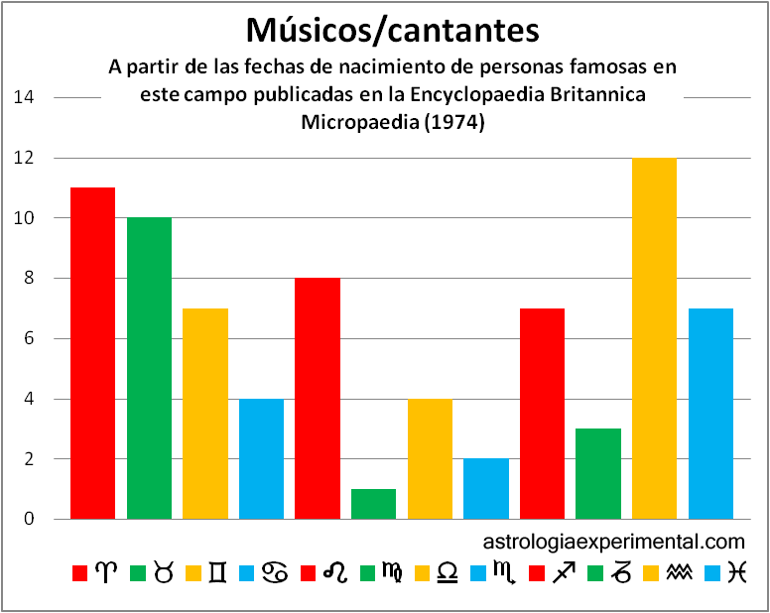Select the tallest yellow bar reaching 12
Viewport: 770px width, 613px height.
click(x=654, y=338)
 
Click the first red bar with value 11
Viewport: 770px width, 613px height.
click(x=92, y=353)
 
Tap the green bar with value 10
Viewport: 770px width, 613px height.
click(x=149, y=368)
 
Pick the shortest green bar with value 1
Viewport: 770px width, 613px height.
click(x=373, y=504)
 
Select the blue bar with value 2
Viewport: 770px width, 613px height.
click(x=485, y=489)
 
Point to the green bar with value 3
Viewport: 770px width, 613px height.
click(x=597, y=474)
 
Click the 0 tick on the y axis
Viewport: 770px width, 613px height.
click(x=29, y=519)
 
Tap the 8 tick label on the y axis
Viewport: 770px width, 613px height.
click(x=29, y=279)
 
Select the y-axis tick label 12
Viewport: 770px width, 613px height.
click(x=24, y=158)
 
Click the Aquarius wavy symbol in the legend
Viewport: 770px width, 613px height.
click(x=679, y=573)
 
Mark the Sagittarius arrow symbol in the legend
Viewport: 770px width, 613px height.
click(x=565, y=573)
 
